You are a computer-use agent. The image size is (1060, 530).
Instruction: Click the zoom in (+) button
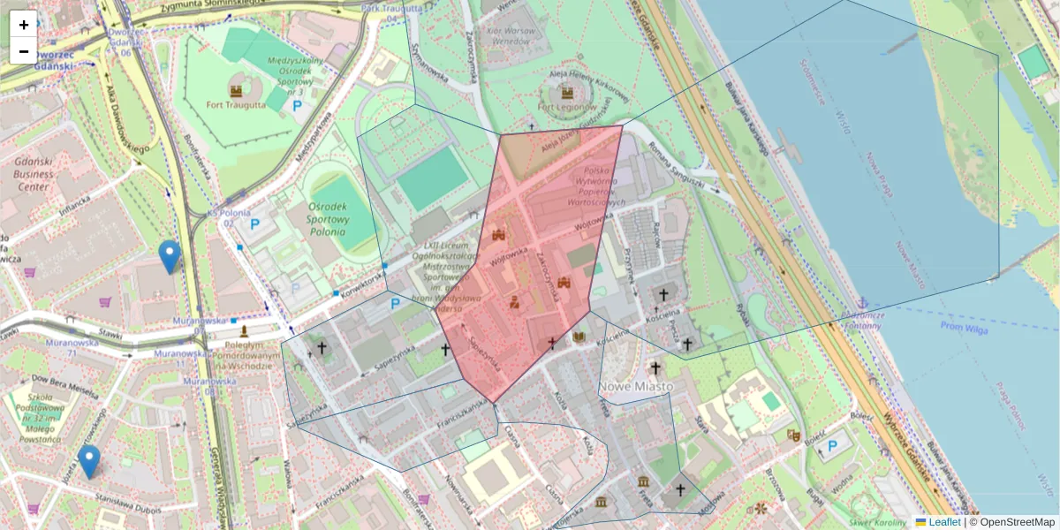click(x=24, y=25)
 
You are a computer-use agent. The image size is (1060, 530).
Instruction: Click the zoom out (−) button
click(x=24, y=51)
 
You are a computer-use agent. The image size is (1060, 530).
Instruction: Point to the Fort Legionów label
click(x=566, y=107)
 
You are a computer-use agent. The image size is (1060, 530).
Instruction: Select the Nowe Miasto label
click(x=636, y=387)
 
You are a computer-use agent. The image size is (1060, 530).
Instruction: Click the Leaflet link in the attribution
click(x=944, y=522)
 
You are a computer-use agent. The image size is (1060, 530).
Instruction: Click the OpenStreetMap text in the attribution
click(x=1017, y=522)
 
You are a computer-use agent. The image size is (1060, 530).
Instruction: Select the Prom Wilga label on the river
click(x=965, y=328)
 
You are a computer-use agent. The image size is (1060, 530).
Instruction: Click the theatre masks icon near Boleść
click(x=792, y=435)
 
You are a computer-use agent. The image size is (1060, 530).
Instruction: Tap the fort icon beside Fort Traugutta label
click(x=236, y=90)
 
